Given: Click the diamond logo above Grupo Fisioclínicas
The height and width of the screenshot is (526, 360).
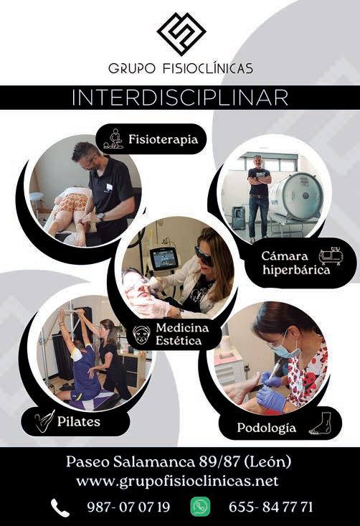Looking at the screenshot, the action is pos(181,34).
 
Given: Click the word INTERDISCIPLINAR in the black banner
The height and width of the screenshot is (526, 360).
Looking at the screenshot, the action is pos(180,98).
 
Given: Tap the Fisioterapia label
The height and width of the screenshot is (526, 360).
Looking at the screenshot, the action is pos(164,139).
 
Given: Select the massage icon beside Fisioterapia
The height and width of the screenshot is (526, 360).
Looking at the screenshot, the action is pos(113,139).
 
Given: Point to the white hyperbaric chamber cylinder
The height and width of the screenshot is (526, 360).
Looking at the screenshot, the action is pos(296,196).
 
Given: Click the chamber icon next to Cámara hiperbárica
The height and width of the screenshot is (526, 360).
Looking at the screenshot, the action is pos(331,257).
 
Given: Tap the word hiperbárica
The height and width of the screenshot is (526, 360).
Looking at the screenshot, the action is pos(296,270).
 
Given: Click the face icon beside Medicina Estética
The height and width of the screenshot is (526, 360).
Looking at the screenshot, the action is pos(141,334).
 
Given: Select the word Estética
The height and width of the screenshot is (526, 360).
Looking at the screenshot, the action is pos(179,341).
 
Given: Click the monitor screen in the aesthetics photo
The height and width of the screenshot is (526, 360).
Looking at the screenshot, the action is pos(164,258).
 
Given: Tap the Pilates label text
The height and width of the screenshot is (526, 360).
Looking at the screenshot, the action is pos(78,421).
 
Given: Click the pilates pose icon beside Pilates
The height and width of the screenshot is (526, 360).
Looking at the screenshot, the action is pos(44,421).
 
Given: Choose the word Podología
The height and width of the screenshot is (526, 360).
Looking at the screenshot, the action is pos(267,428).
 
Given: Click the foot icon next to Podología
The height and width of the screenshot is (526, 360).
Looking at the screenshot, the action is pos(321,423).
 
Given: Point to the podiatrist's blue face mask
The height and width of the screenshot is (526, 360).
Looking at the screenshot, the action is pos(288,349).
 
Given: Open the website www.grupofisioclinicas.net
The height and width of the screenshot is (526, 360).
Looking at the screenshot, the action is pos(177,481).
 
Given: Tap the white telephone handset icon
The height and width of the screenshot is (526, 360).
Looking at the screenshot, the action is pos(60,507).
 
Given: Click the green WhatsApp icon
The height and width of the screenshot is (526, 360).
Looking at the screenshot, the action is pos(201,507).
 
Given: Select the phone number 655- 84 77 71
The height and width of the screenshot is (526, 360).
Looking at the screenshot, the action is pos(270,507).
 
